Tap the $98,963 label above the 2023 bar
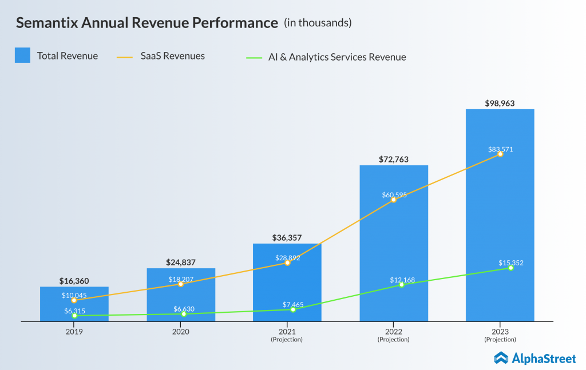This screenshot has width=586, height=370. coord(500,103)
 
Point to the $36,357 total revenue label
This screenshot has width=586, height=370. coord(287,237)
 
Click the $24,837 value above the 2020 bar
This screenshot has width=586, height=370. coord(181,262)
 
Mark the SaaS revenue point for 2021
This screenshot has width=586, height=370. coord(287,263)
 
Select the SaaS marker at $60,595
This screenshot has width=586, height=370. coord(394,200)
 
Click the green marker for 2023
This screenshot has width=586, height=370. coord(510,268)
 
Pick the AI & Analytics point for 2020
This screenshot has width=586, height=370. coord(184,314)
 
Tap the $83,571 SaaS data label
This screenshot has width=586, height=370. coord(500,149)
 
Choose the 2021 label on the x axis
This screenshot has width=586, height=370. coord(287,332)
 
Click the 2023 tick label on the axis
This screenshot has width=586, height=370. coord(500,332)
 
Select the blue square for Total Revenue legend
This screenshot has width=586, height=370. coord(22,55)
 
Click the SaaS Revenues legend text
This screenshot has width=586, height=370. coord(172,56)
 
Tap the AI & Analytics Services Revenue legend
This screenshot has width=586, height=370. coord(337,57)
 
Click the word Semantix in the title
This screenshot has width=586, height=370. coord(50,23)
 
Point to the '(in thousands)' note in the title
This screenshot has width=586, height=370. coord(318,23)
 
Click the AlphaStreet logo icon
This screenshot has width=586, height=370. coord(501,357)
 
